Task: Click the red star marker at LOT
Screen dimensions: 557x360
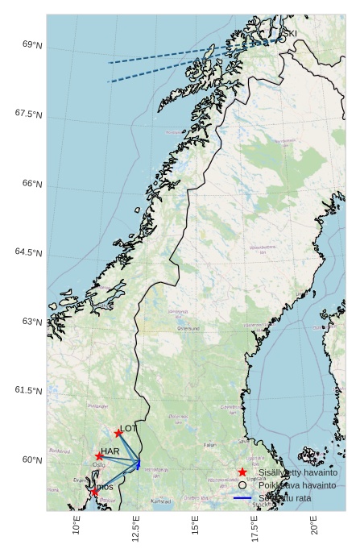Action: (x=118, y=433)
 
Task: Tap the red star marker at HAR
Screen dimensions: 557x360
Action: (x=99, y=456)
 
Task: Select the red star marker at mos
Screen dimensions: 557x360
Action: (x=94, y=491)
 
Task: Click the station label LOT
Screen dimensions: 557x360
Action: (x=128, y=429)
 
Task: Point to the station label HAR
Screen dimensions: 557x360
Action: (x=110, y=451)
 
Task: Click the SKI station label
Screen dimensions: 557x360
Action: (x=290, y=33)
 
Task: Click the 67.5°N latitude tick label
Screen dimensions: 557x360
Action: (x=28, y=114)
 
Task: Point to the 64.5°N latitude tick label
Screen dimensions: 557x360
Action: (x=28, y=252)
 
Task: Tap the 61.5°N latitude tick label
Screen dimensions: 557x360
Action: (x=28, y=390)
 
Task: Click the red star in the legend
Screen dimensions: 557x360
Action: (x=242, y=472)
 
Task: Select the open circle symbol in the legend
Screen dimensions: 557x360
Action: (x=242, y=485)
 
